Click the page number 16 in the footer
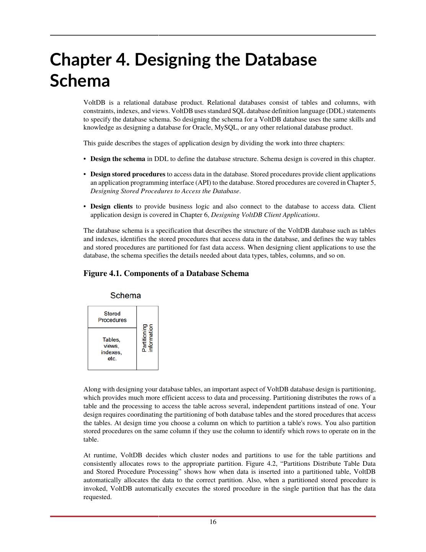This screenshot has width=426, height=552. (213, 522)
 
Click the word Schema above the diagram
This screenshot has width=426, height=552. (125, 296)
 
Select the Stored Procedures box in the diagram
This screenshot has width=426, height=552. (112, 317)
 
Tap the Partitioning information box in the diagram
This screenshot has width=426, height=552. (147, 338)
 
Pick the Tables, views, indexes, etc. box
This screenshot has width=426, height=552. (112, 349)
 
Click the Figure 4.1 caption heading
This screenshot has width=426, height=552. (166, 273)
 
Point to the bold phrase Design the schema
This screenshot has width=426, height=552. (118, 159)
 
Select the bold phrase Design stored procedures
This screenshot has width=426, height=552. (128, 174)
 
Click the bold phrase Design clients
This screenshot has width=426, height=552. (111, 206)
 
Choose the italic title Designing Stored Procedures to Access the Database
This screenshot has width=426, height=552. (165, 191)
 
